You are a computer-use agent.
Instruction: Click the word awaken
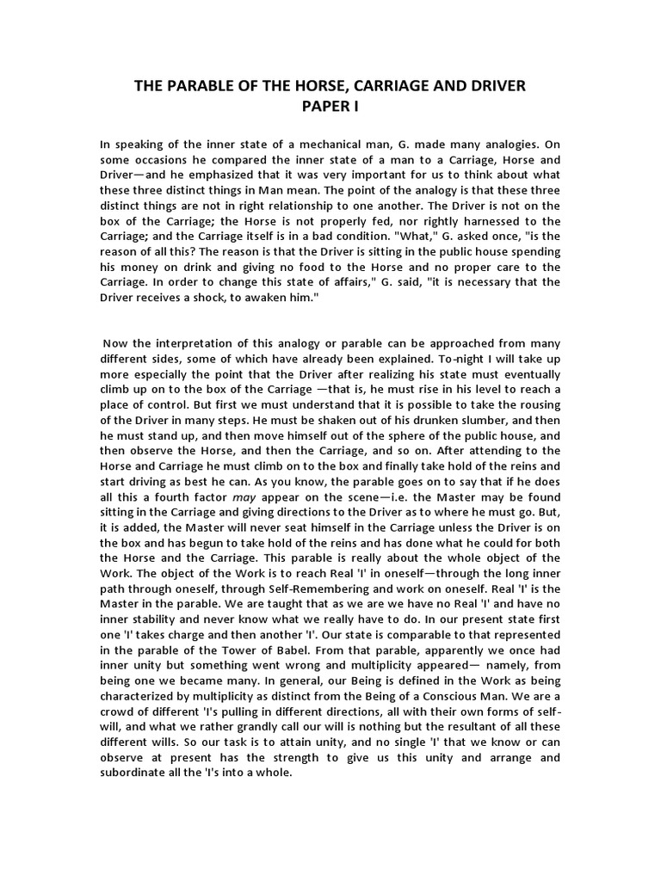(x=281, y=296)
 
